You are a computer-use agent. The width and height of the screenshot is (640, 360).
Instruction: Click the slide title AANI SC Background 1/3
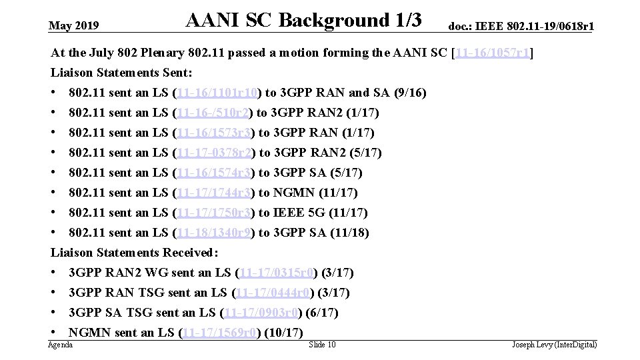pyautogui.click(x=303, y=21)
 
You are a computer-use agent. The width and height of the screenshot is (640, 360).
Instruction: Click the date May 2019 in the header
pyautogui.click(x=74, y=26)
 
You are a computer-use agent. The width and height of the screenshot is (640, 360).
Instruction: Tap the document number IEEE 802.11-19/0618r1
pyautogui.click(x=521, y=26)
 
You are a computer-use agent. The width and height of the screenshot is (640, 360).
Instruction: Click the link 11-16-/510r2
pyautogui.click(x=214, y=113)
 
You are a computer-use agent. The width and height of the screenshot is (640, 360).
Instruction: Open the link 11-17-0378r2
pyautogui.click(x=214, y=153)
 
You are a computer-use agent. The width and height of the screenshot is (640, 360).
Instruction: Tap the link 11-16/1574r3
pyautogui.click(x=214, y=173)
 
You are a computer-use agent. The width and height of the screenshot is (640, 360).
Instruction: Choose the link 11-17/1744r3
pyautogui.click(x=214, y=193)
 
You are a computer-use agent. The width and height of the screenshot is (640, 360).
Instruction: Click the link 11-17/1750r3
pyautogui.click(x=214, y=213)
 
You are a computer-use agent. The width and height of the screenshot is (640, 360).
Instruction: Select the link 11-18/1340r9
pyautogui.click(x=214, y=233)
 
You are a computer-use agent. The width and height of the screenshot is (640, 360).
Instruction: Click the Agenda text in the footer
pyautogui.click(x=61, y=345)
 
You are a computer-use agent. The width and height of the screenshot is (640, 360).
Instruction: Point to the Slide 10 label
pyautogui.click(x=322, y=345)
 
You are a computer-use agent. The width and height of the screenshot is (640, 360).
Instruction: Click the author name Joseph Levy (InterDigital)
pyautogui.click(x=554, y=345)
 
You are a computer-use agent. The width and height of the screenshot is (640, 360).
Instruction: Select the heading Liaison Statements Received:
pyautogui.click(x=134, y=253)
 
